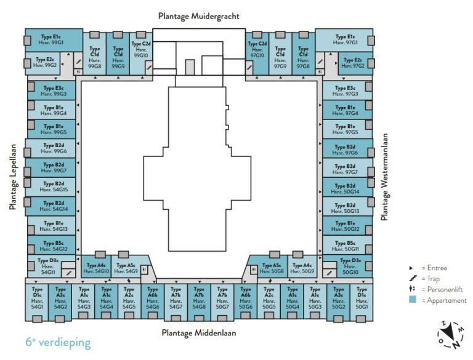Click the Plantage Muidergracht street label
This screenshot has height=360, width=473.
(x=198, y=16)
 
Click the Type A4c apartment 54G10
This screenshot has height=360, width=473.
(x=94, y=268)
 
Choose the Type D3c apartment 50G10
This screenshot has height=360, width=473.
(x=349, y=266)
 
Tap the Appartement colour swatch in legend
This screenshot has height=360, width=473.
(x=411, y=300)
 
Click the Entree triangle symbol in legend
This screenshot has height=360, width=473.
(x=411, y=268)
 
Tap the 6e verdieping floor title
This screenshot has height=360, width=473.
(x=58, y=342)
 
